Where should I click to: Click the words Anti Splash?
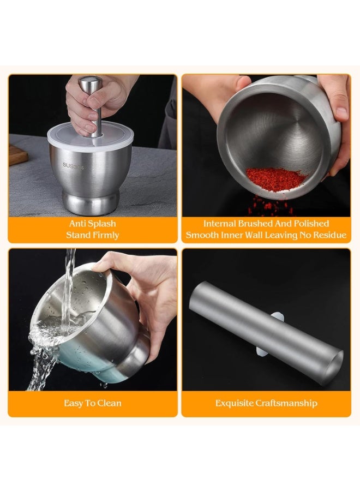[x=92, y=224]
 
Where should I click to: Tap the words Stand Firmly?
[x=92, y=235]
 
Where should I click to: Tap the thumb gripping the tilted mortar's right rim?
[x=339, y=110]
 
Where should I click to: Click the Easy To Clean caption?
[x=92, y=404]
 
